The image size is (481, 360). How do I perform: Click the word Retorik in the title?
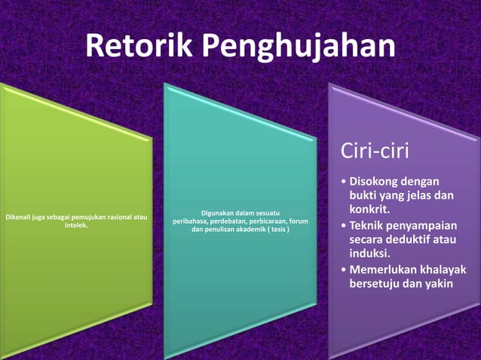coord(138,47)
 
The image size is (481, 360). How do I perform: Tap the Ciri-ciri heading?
coord(375,151)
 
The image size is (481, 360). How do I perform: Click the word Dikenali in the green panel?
coord(20,218)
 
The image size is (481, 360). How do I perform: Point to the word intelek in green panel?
coord(76,225)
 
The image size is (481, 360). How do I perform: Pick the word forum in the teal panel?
coord(299,221)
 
